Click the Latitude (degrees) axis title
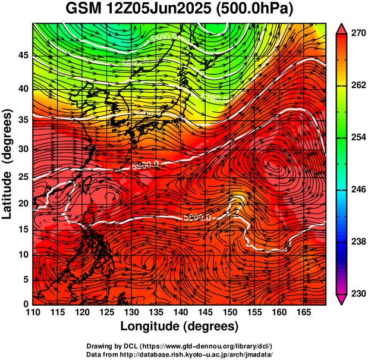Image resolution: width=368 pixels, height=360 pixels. click(8, 163)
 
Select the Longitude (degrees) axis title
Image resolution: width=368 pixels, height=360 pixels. click(179, 326)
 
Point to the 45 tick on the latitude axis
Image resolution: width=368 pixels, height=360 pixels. click(22, 55)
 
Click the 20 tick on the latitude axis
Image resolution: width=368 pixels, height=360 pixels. click(22, 203)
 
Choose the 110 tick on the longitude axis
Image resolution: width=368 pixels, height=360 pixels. click(33, 312)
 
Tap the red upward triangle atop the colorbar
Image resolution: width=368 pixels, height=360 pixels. click(342, 28)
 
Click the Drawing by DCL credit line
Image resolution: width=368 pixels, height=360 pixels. click(179, 346)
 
